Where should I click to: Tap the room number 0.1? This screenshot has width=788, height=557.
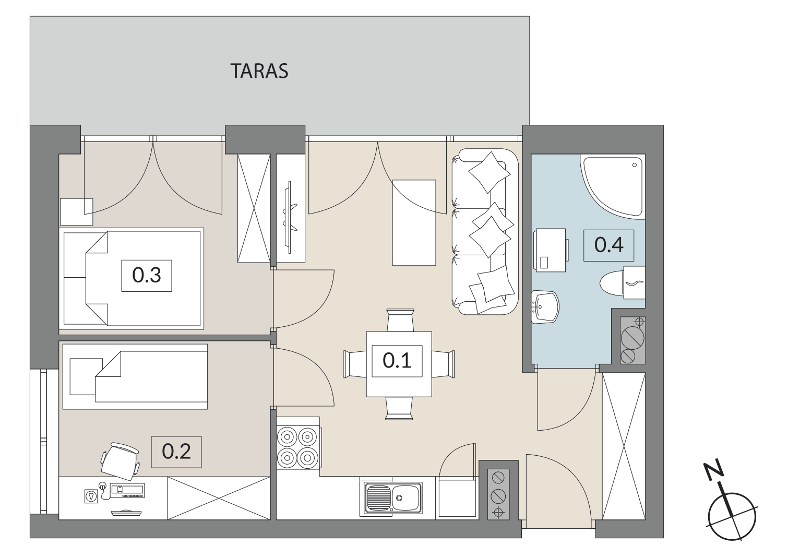click(x=397, y=361)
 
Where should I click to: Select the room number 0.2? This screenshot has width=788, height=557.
click(x=176, y=452)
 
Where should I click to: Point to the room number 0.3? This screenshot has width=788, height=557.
click(x=146, y=276)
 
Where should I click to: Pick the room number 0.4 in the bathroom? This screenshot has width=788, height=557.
click(x=608, y=245)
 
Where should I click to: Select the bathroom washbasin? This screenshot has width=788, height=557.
click(x=545, y=306)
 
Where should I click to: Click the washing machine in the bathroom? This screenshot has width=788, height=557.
click(x=551, y=250)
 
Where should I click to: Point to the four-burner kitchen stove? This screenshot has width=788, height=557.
click(x=299, y=447)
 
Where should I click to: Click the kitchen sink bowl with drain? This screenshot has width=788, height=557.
click(x=407, y=497)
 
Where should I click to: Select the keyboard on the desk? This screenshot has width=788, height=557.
click(x=127, y=491)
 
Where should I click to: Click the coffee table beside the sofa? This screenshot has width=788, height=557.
click(x=414, y=223)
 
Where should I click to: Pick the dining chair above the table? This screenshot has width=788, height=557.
click(x=400, y=320)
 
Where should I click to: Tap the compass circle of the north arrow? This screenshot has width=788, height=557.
click(x=732, y=516)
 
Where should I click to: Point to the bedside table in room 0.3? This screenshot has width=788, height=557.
click(x=76, y=212)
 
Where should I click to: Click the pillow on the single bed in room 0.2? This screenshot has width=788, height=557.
click(x=86, y=376)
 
